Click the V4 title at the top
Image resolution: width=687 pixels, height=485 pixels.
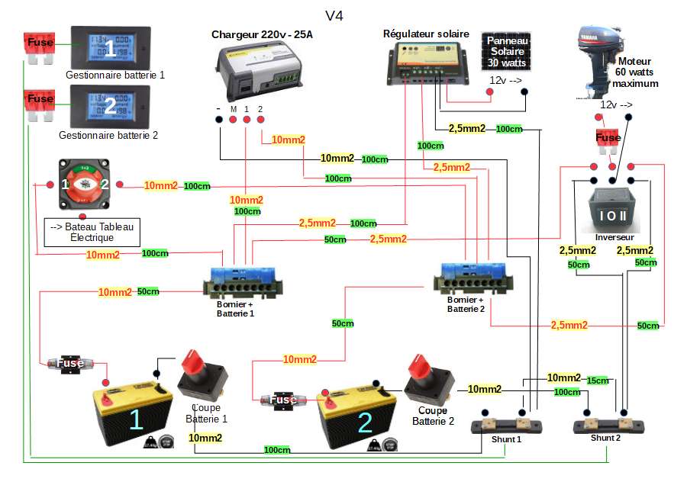point(334,15)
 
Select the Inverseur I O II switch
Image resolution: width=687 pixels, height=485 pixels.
point(611,209)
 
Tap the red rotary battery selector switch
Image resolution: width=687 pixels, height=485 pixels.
point(85,185)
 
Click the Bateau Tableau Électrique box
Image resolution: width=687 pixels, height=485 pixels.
point(91,232)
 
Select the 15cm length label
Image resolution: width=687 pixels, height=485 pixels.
point(598,381)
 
